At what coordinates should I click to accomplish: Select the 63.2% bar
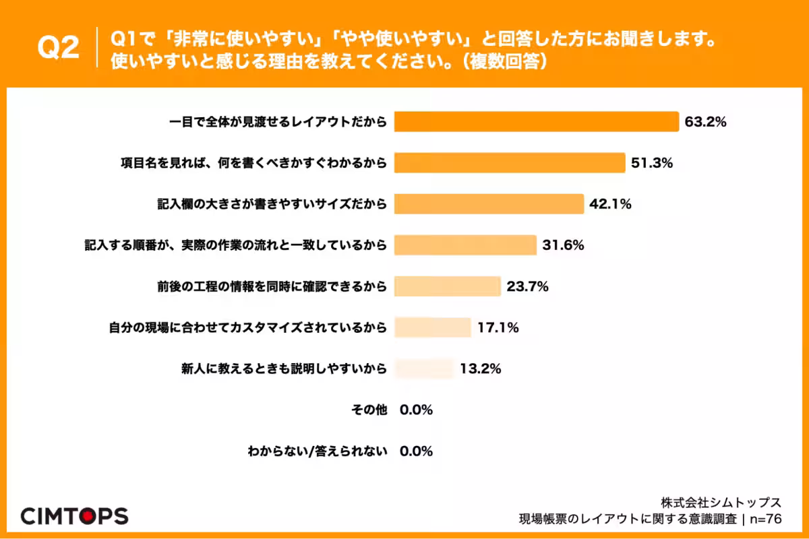[536, 122]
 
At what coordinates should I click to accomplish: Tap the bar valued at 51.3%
[510, 163]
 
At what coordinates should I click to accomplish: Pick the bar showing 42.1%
[488, 204]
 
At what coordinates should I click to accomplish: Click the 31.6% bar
[465, 245]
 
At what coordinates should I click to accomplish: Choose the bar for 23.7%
[448, 286]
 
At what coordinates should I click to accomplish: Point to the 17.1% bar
[432, 327]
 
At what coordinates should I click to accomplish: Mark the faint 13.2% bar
[423, 369]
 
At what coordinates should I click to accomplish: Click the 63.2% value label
[705, 122]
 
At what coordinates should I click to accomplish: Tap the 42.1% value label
[610, 204]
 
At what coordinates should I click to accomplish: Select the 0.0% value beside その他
[416, 410]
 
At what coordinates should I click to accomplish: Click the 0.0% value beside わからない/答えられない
[416, 451]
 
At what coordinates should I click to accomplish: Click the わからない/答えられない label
[318, 451]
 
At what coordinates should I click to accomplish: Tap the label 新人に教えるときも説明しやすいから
[284, 369]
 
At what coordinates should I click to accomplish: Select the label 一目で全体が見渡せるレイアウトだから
[277, 122]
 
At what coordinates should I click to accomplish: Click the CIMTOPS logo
[74, 516]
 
